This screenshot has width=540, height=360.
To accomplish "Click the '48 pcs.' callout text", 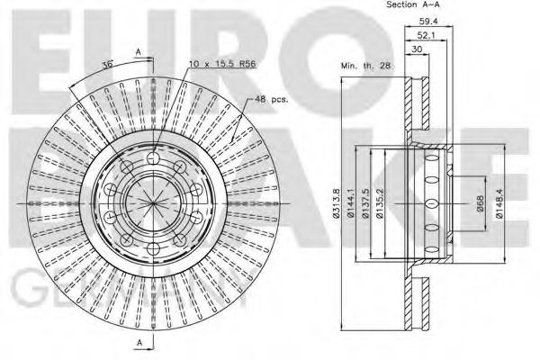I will tap(271, 99).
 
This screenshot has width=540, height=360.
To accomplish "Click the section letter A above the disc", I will tap(138, 51).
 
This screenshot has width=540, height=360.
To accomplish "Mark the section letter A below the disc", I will tap(138, 344).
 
